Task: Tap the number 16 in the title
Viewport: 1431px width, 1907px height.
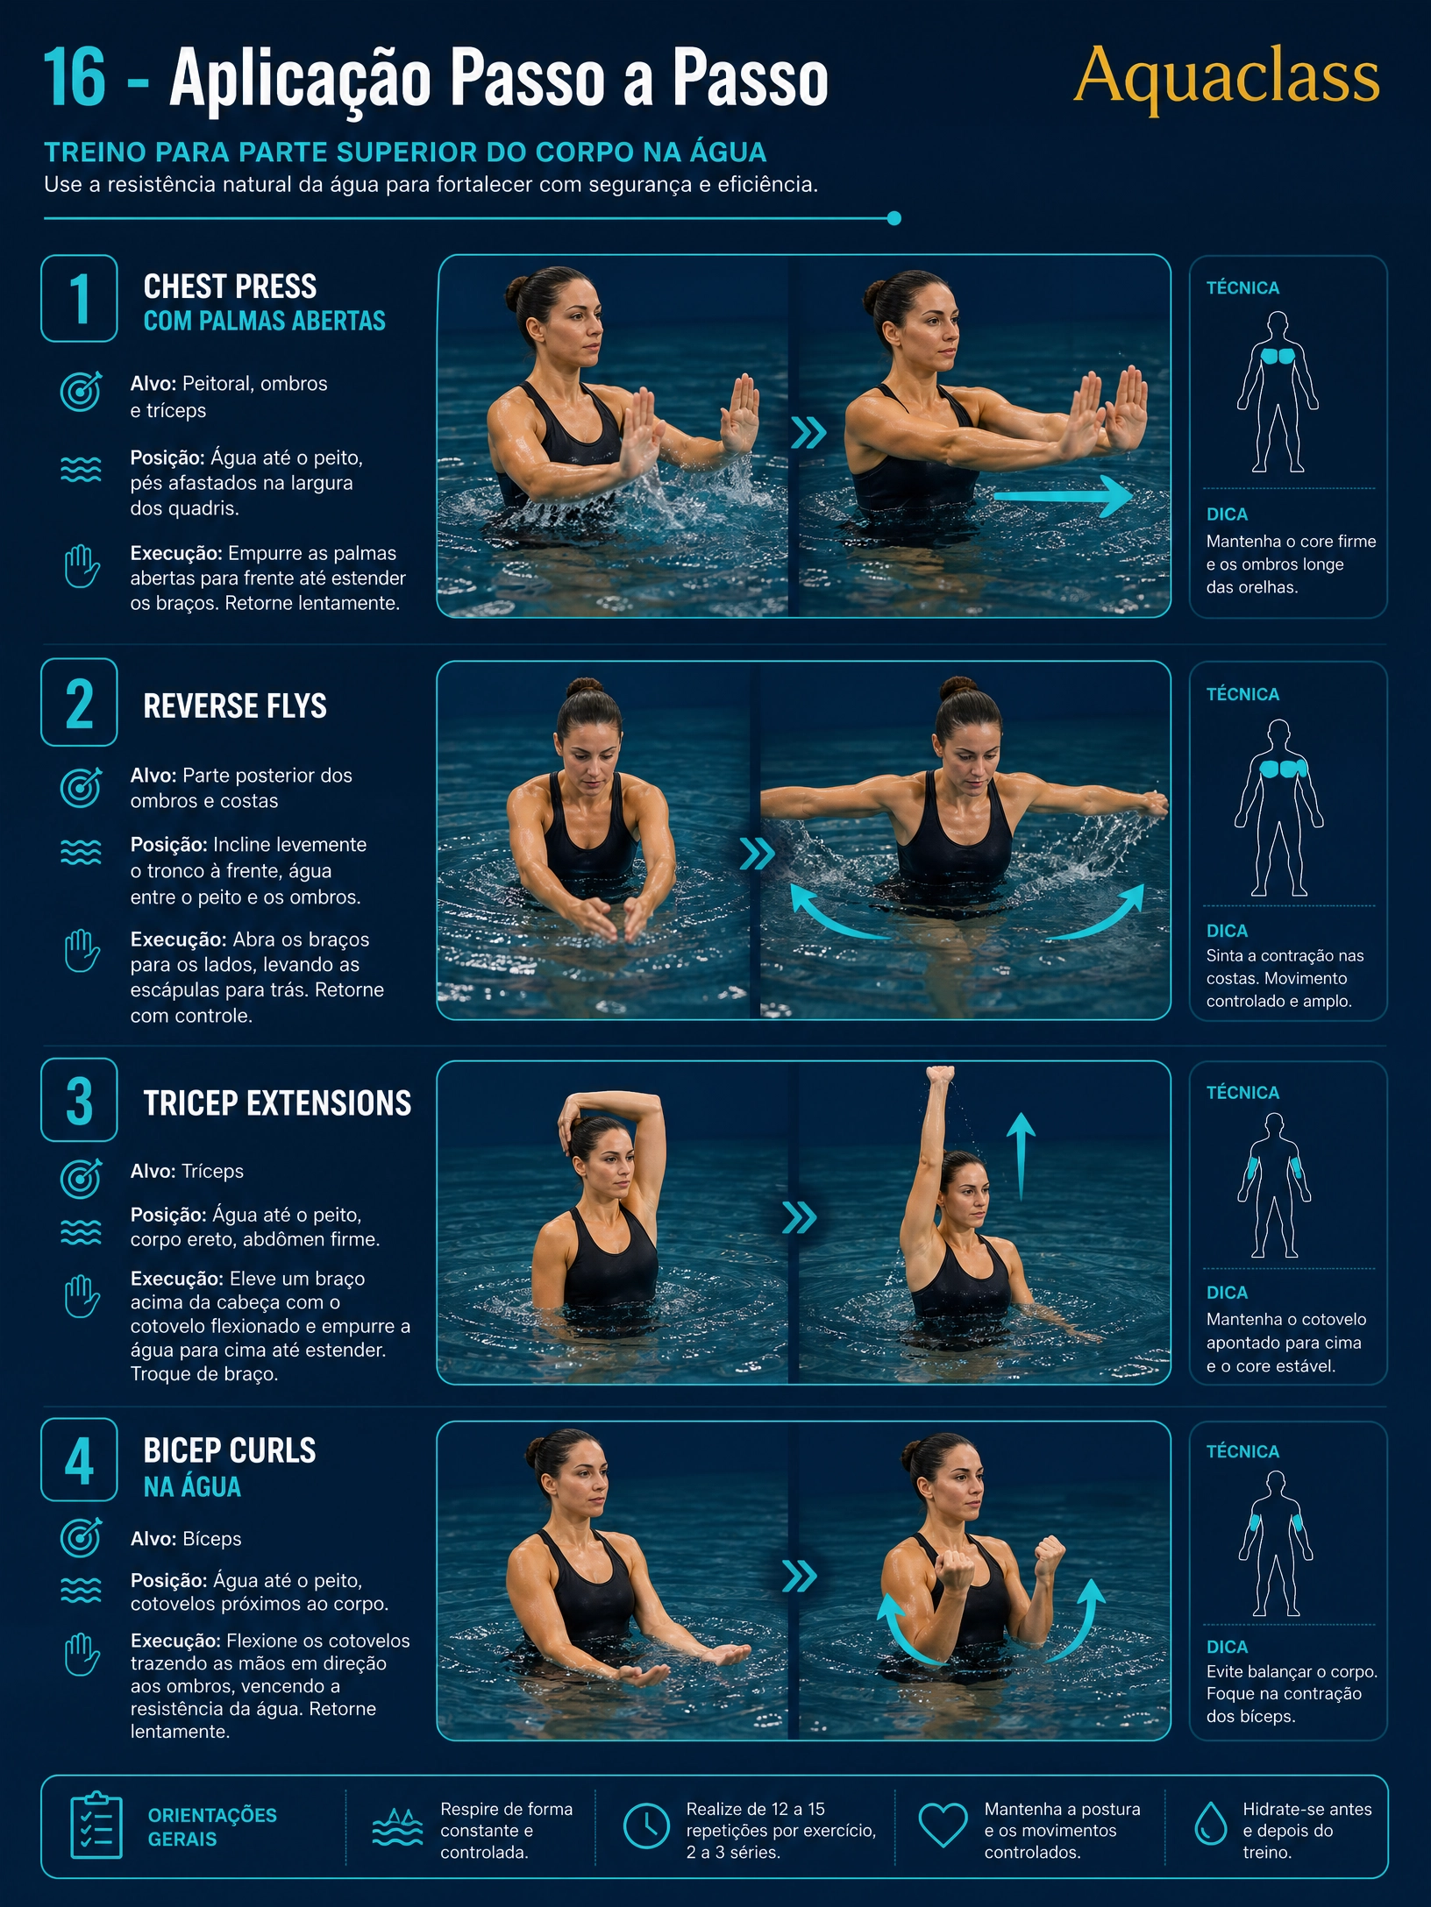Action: click(74, 78)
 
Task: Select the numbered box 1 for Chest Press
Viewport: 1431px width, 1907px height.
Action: click(79, 298)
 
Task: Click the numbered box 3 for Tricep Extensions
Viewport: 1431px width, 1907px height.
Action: click(79, 1100)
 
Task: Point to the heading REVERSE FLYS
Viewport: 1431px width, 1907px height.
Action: click(235, 705)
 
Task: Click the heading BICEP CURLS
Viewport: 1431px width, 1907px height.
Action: click(230, 1450)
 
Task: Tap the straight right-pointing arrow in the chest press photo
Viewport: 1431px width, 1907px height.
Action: click(1063, 496)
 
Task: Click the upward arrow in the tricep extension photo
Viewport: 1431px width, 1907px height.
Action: click(1021, 1156)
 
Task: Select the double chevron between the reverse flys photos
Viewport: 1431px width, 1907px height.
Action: click(757, 854)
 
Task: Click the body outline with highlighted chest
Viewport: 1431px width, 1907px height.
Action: click(1278, 392)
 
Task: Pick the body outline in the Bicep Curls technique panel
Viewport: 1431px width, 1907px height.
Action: click(1276, 1543)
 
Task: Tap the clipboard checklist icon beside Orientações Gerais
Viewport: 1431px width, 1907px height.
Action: click(96, 1825)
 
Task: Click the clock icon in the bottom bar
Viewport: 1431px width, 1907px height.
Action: click(646, 1825)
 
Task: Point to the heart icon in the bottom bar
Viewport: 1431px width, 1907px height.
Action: click(943, 1825)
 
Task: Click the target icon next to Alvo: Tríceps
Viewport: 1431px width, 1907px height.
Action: click(81, 1177)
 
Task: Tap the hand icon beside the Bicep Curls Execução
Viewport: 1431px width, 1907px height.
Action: click(82, 1655)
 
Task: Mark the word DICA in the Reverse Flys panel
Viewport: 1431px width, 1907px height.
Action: click(1227, 931)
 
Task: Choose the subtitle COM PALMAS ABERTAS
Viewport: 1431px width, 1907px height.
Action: click(265, 321)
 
